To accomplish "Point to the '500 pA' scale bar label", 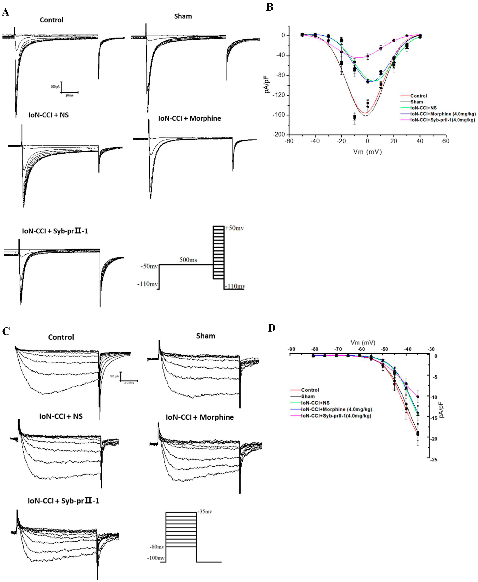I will (x=55, y=87).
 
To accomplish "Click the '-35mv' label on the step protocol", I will (x=205, y=512).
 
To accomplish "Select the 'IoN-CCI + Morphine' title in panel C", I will (x=200, y=417).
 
